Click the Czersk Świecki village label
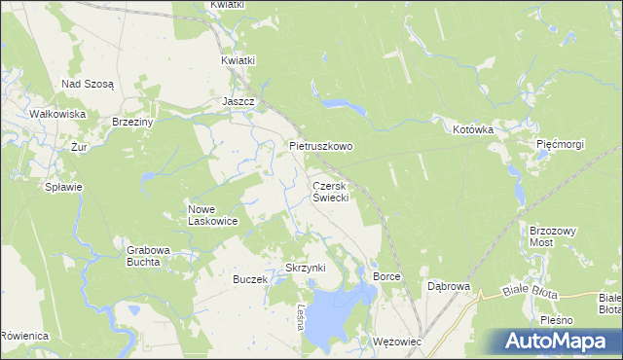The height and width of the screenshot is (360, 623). click(330, 190)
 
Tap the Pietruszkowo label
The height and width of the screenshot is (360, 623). click(321, 146)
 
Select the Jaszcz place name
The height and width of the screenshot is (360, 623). click(238, 101)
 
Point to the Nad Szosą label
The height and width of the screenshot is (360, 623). click(88, 84)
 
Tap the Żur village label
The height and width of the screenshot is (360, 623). click(80, 147)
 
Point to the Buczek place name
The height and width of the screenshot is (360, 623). click(249, 279)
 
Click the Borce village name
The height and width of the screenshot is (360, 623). click(386, 277)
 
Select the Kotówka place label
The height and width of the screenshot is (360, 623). click(473, 128)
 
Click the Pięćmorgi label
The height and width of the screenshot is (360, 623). click(560, 144)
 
